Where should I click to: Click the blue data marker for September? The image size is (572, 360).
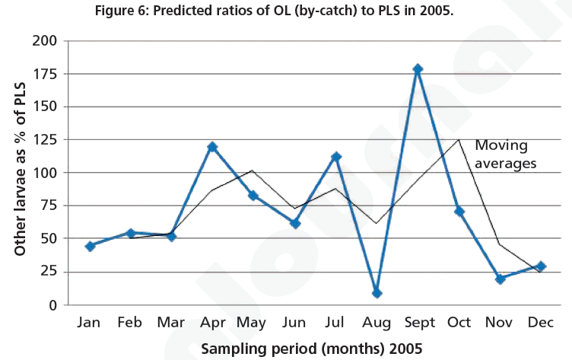[x=418, y=69]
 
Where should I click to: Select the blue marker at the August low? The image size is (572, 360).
[x=377, y=293]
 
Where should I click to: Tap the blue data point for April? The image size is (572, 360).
[x=212, y=147]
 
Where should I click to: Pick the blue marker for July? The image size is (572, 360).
[x=335, y=157]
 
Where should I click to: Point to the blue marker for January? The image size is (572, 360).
[x=90, y=247]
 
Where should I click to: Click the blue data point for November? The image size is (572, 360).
[x=500, y=279]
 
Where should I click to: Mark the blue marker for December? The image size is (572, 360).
[x=541, y=266]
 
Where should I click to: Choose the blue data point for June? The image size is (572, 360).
[x=295, y=224]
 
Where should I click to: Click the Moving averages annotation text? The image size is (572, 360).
[x=505, y=154]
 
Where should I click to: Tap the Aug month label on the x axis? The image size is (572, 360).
[x=377, y=323]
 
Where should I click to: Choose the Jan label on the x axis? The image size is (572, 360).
[x=90, y=323]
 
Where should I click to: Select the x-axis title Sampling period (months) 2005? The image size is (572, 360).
[x=310, y=348]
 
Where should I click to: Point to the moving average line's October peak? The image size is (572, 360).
[x=459, y=139]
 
